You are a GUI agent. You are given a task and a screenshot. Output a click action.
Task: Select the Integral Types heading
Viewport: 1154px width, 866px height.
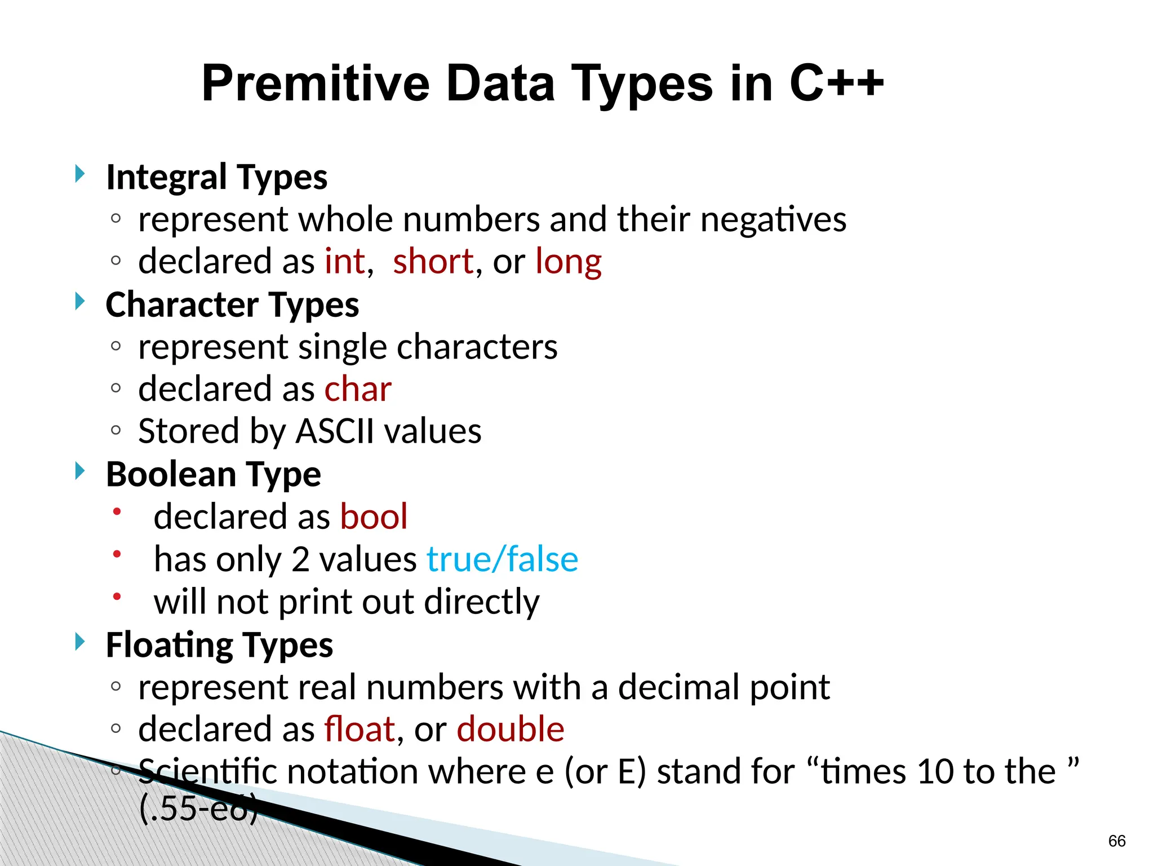pyautogui.click(x=216, y=177)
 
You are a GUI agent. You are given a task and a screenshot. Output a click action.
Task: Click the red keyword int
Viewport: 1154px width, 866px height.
pyautogui.click(x=345, y=262)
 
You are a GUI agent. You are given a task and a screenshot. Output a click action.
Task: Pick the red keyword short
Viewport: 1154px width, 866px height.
pyautogui.click(x=433, y=262)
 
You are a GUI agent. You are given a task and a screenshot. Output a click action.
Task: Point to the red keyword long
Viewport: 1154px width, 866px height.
pyautogui.click(x=568, y=263)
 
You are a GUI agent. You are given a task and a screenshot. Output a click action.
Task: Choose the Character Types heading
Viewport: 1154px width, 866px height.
pyautogui.click(x=232, y=305)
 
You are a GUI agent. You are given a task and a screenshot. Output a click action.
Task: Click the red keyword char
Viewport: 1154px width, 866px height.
pyautogui.click(x=358, y=389)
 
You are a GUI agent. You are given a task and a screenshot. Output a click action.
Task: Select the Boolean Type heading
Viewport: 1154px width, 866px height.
pyautogui.click(x=213, y=474)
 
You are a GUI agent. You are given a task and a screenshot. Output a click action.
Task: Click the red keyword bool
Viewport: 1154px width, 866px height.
pyautogui.click(x=374, y=516)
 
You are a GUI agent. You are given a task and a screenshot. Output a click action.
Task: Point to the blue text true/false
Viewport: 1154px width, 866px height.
pyautogui.click(x=502, y=559)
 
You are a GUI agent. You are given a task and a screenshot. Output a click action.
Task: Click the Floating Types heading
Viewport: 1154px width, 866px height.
pyautogui.click(x=219, y=645)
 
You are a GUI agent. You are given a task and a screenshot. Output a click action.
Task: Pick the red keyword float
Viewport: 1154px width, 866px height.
pyautogui.click(x=359, y=729)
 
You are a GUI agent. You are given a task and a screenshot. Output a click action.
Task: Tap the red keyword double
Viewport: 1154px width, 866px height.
pyautogui.click(x=510, y=729)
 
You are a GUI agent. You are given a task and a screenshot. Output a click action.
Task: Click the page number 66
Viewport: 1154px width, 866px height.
pyautogui.click(x=1116, y=841)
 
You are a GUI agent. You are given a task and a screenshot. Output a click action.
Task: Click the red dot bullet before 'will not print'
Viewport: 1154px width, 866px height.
pyautogui.click(x=117, y=597)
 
